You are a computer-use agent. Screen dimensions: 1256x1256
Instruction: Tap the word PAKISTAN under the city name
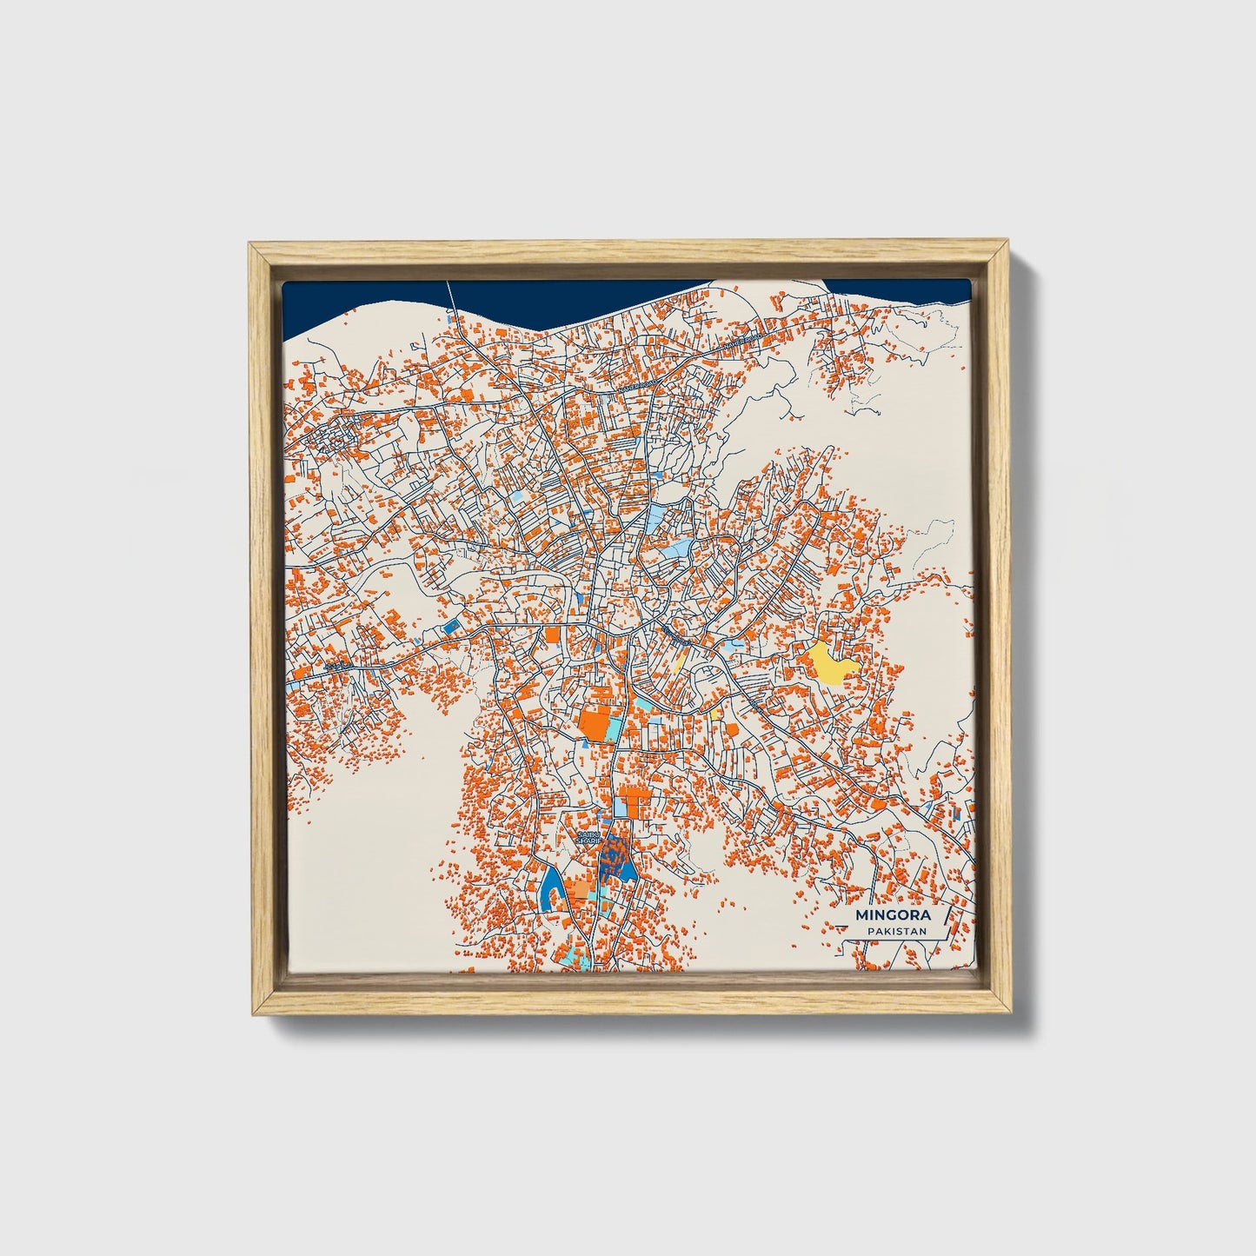[895, 932]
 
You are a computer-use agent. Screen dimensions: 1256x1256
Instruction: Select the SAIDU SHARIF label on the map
[588, 839]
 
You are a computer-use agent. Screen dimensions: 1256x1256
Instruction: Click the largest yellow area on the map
[830, 663]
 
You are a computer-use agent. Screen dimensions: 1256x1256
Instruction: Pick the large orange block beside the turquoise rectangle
[595, 724]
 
